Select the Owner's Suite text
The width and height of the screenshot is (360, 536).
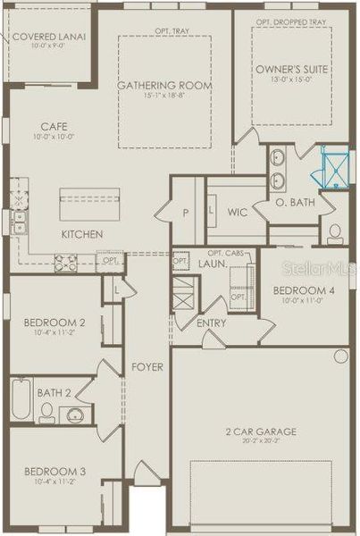(291, 69)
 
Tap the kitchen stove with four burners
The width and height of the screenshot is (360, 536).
(66, 263)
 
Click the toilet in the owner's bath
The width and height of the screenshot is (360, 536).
(336, 234)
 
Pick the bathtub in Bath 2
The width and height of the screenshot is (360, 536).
(21, 399)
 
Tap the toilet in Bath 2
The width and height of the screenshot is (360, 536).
(46, 414)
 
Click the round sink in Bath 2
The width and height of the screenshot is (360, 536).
(76, 415)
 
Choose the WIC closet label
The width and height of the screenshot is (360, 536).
(238, 213)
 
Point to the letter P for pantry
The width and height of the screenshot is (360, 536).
(186, 214)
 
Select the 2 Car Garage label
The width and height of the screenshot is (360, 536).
(261, 432)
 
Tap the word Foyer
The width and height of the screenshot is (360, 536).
(147, 367)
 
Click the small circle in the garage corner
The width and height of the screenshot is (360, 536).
(340, 356)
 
